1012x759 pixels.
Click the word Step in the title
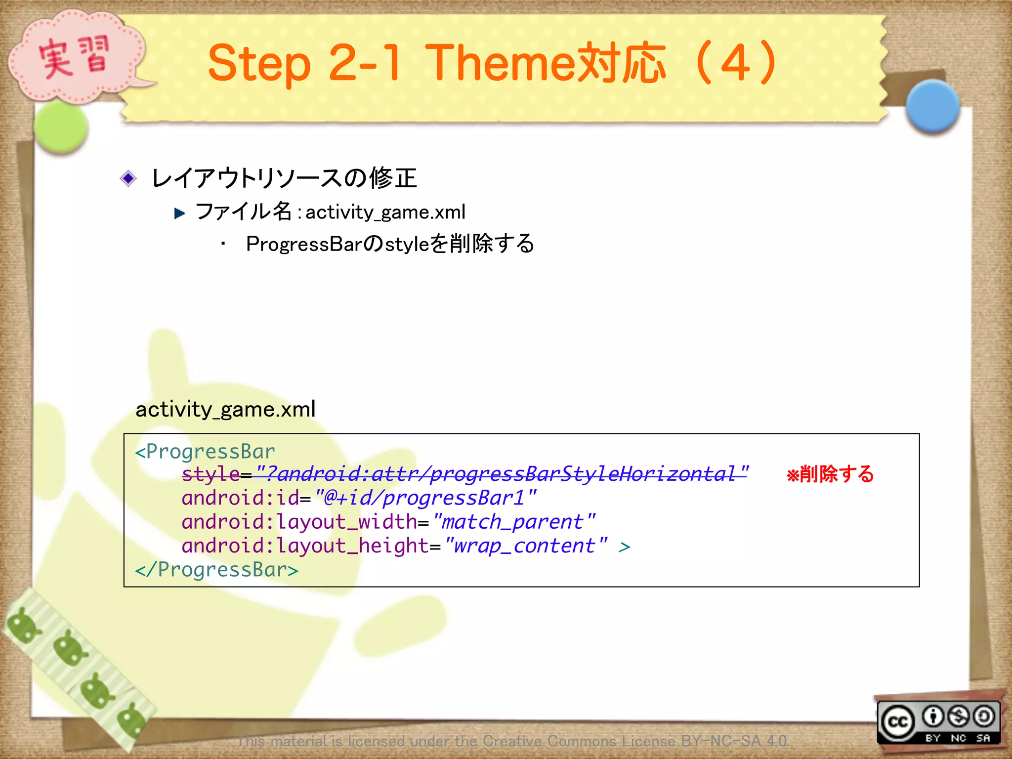pyautogui.click(x=259, y=64)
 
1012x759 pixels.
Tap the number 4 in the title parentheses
pyautogui.click(x=735, y=63)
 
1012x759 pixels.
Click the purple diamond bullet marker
pyautogui.click(x=128, y=178)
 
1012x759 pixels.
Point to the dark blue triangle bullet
pyautogui.click(x=179, y=213)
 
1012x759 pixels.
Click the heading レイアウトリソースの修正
pyautogui.click(x=284, y=178)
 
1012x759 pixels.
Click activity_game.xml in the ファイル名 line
pyautogui.click(x=385, y=212)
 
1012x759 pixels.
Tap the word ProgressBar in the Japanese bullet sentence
pyautogui.click(x=304, y=244)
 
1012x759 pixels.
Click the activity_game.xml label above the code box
pyautogui.click(x=225, y=410)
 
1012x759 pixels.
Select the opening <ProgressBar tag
pyautogui.click(x=205, y=452)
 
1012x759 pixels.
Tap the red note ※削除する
pyautogui.click(x=830, y=474)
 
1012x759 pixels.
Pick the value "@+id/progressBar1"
pyautogui.click(x=425, y=498)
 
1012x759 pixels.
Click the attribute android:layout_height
pyautogui.click(x=305, y=546)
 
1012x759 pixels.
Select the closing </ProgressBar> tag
pyautogui.click(x=216, y=570)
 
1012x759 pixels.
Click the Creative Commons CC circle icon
pyautogui.click(x=898, y=722)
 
